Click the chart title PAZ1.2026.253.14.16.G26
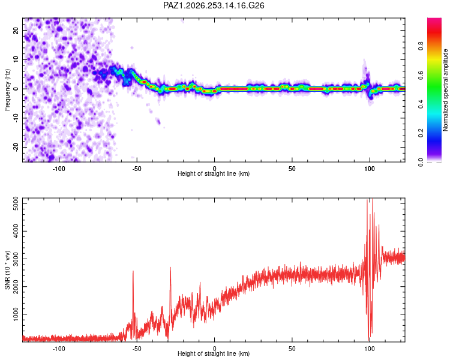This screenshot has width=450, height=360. coord(214,5)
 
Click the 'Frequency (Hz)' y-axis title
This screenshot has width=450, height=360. coord(7,90)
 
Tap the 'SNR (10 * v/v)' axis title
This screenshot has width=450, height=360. coord(7,270)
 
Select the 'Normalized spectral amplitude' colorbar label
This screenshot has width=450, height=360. coord(445,90)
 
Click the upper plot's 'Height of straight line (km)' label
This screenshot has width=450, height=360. coord(214,173)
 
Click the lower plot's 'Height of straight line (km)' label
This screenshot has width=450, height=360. coord(214,353)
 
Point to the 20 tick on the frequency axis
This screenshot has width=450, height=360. coord(16,30)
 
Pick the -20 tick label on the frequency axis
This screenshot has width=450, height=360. coord(16,147)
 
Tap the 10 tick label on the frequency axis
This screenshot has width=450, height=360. coord(16,59)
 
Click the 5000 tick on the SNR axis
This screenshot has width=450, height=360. coord(16,203)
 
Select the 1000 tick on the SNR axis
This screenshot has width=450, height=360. coord(16,314)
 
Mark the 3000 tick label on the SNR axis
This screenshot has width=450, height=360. coord(16,259)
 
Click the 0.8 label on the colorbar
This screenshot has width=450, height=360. coord(421,46)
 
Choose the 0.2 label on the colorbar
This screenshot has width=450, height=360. coord(421,133)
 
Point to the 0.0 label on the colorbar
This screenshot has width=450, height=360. coord(421,162)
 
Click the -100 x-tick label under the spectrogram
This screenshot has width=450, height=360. coord(59,169)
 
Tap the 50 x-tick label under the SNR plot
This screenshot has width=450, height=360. coord(292,349)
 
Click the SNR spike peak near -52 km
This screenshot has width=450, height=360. coord(133,271)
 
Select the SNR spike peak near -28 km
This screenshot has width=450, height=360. coord(170,268)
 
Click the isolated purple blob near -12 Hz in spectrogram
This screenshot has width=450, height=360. coord(158,121)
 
